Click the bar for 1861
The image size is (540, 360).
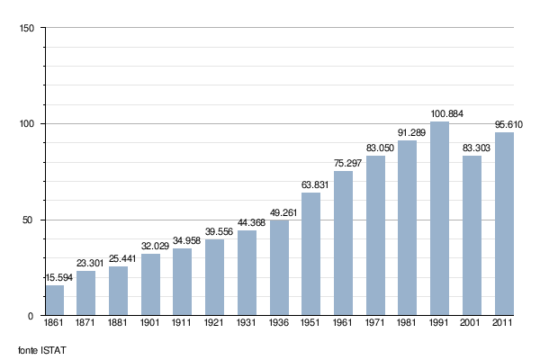[55, 301]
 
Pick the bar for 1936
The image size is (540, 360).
[279, 268]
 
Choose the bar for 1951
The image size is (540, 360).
[311, 255]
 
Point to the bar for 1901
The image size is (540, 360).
[151, 284]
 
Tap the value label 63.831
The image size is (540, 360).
[311, 185]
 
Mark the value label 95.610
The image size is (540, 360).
[505, 124]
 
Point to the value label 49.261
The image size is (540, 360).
[279, 213]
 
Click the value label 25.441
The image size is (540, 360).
[119, 259]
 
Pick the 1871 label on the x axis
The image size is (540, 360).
[86, 323]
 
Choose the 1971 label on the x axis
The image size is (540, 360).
[375, 323]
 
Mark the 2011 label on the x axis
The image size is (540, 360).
[504, 323]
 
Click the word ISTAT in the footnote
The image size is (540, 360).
[54, 349]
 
